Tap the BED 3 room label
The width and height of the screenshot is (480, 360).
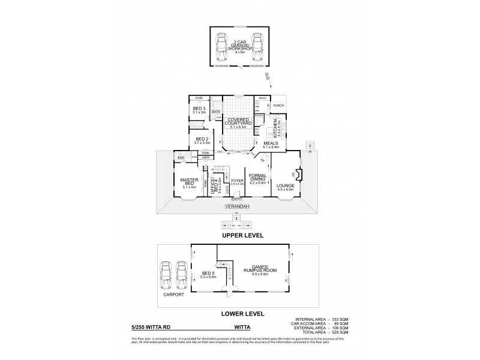point(199,109)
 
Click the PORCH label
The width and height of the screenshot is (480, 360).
point(278,106)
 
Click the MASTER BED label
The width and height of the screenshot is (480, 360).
point(189,182)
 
